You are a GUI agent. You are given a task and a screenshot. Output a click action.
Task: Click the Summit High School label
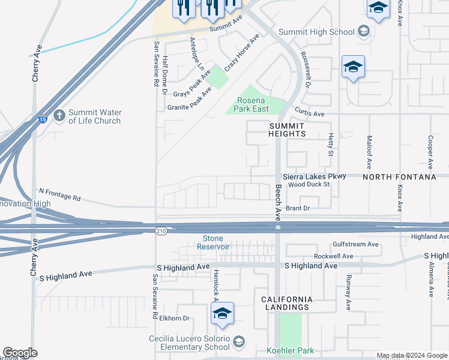click(x=317, y=32)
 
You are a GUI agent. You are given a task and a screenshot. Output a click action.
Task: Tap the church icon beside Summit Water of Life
click(x=59, y=115)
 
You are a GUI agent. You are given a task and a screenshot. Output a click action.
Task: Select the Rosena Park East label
click(x=256, y=105)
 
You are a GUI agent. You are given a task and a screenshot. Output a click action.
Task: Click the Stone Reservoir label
click(x=217, y=242)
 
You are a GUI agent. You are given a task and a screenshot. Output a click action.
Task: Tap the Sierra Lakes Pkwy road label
click(x=315, y=176)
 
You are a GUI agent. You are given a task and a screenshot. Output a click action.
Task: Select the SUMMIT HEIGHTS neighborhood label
click(x=287, y=129)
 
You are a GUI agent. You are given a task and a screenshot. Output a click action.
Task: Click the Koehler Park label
click(x=291, y=350)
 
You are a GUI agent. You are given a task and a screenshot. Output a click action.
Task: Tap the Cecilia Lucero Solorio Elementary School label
click(x=190, y=343)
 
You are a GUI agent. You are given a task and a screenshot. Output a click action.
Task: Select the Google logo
click(x=20, y=353)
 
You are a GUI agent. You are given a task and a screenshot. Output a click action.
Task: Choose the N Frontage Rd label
click(x=59, y=194)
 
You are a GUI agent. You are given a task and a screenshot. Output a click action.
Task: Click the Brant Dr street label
click(x=297, y=208)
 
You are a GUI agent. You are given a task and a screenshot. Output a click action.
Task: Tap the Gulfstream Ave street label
click(x=356, y=245)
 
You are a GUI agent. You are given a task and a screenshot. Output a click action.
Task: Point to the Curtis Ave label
click(x=310, y=113)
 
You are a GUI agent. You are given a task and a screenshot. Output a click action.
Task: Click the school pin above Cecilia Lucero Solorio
click(x=222, y=314)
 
